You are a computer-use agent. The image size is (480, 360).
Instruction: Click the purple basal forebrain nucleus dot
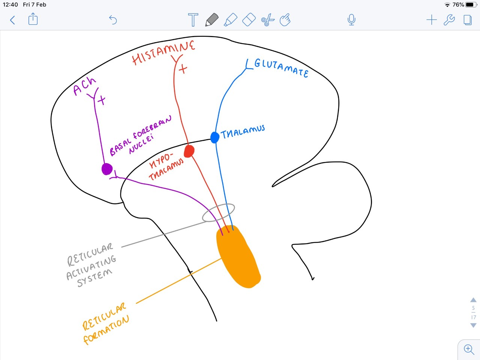point(107,169)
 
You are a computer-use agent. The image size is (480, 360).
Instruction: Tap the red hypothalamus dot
point(189,151)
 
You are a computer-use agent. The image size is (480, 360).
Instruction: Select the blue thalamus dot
point(214,137)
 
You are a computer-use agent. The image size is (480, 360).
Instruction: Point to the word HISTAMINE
point(163,53)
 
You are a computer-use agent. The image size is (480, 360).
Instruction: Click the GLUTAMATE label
point(281,68)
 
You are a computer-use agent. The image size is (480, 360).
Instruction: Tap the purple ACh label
point(84,87)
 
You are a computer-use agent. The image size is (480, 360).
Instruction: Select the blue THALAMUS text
point(243,132)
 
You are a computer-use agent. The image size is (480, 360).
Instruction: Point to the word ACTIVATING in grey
point(91,268)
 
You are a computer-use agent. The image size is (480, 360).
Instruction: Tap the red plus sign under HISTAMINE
point(183,69)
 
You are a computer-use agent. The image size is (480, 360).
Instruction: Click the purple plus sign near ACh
point(101,100)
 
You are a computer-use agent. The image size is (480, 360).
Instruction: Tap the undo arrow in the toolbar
point(113,19)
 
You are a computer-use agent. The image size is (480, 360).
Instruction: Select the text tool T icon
point(193,19)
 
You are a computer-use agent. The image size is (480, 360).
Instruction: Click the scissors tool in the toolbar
point(268,20)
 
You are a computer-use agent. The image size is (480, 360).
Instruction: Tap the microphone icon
point(351,19)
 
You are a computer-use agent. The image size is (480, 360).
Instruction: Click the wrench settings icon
point(449,20)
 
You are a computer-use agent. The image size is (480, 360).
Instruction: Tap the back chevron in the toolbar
point(12,20)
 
